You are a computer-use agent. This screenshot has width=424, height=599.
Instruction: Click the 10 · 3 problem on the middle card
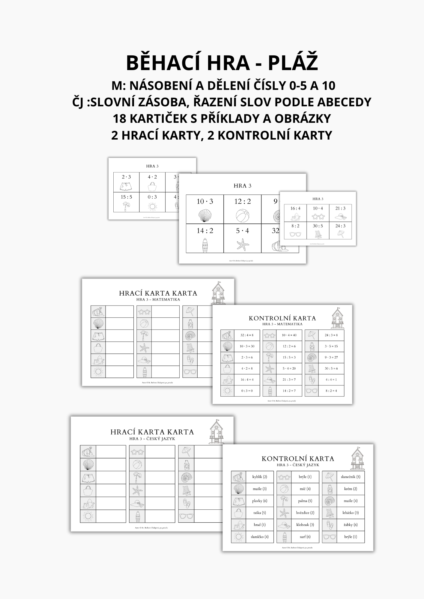pyautogui.click(x=205, y=201)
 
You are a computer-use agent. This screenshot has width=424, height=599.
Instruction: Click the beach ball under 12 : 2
pyautogui.click(x=242, y=215)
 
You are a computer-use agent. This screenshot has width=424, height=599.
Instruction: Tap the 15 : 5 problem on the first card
pyautogui.click(x=126, y=197)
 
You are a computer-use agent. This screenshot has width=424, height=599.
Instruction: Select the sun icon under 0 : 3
pyautogui.click(x=152, y=206)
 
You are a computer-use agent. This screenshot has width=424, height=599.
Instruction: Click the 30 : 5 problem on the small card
pyautogui.click(x=318, y=226)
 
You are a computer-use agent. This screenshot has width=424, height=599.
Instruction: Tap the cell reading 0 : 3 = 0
pyautogui.click(x=247, y=391)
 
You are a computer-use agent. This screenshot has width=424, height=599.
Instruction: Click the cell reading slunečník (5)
pyautogui.click(x=351, y=477)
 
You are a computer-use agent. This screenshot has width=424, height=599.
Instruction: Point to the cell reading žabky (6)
pyautogui.click(x=351, y=524)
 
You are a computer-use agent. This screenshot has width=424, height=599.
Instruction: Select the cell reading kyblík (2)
pyautogui.click(x=259, y=477)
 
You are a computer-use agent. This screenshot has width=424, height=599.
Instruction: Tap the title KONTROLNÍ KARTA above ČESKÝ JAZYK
pyautogui.click(x=298, y=458)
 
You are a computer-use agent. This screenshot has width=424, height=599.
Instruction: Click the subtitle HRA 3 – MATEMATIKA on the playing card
pyautogui.click(x=158, y=299)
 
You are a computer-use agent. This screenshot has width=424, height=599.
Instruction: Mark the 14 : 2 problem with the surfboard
pyautogui.click(x=205, y=231)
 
